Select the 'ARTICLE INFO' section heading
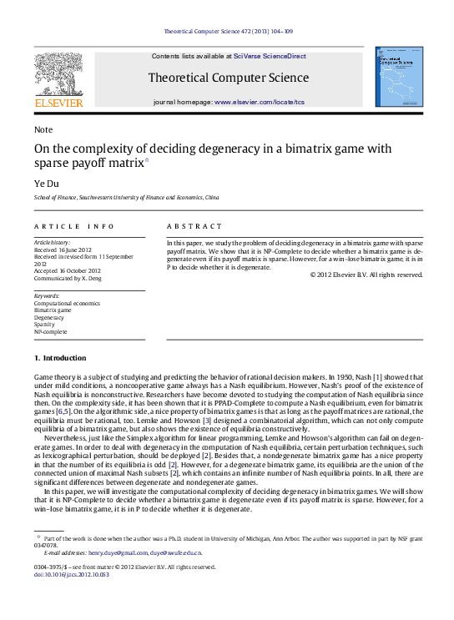(x=74, y=226)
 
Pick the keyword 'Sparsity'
(x=46, y=324)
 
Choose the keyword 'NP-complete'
(x=51, y=330)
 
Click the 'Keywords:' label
(x=47, y=295)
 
